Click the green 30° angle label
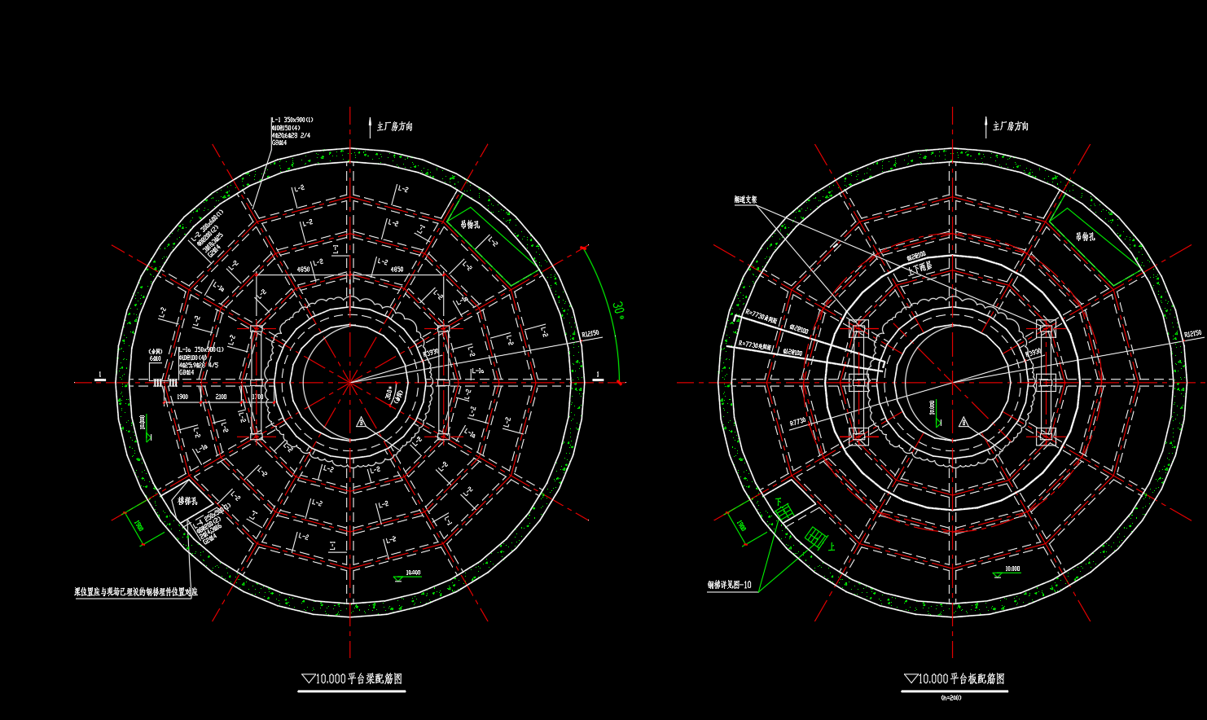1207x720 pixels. (617, 310)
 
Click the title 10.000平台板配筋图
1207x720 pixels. (955, 678)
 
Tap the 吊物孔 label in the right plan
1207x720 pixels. (1086, 236)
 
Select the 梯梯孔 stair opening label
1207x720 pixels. (188, 501)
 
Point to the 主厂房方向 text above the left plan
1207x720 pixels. (394, 126)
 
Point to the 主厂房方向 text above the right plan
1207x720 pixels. (1010, 126)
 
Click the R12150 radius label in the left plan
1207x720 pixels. (590, 334)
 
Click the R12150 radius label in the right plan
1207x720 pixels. (1192, 334)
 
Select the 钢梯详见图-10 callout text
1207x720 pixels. (730, 585)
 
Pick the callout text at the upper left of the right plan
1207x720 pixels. (745, 200)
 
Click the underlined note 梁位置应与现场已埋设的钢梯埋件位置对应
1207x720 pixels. (136, 592)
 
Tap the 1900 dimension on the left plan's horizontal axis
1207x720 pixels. (182, 397)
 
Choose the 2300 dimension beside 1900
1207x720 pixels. (221, 397)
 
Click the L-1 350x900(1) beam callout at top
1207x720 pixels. (292, 121)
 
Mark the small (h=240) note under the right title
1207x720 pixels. (950, 698)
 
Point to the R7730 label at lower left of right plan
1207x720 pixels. (797, 422)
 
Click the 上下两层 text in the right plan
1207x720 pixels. (920, 267)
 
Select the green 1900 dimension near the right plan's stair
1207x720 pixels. (740, 525)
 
